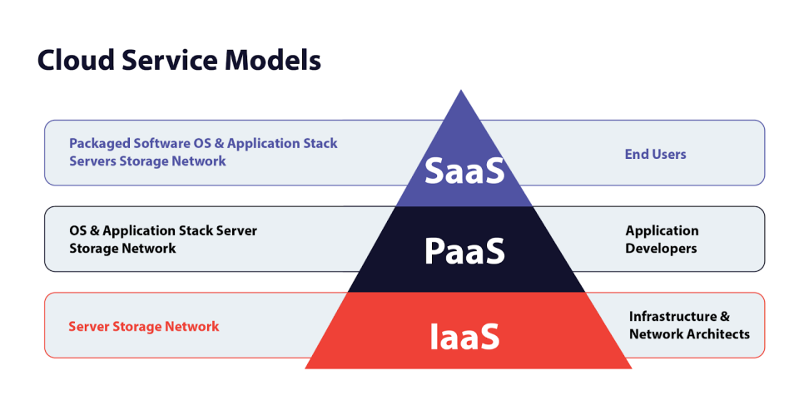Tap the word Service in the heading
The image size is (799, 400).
[171, 61]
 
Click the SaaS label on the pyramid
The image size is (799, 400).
[464, 170]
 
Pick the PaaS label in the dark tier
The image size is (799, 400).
[464, 251]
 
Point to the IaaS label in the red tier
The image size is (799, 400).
[464, 337]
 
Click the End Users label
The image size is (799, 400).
[655, 154]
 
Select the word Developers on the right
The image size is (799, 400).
[661, 249]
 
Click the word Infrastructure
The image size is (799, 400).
[672, 317]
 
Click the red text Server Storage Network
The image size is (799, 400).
[143, 326]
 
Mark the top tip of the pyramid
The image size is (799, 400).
[460, 91]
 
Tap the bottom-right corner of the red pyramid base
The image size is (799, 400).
[630, 367]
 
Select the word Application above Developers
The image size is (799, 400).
[662, 230]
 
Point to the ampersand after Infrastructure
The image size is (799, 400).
[725, 317]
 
